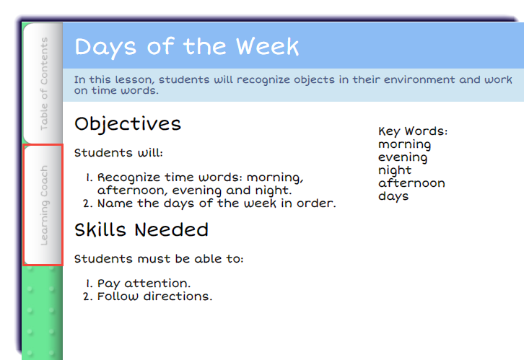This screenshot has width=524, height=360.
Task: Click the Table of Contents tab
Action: (x=43, y=84)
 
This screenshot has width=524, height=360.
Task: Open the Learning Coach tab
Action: (x=43, y=205)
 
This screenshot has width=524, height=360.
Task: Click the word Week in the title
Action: (x=267, y=46)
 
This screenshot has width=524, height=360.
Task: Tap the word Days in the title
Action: (x=105, y=48)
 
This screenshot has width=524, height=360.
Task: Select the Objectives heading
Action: (x=128, y=124)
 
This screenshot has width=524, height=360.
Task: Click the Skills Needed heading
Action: (x=141, y=229)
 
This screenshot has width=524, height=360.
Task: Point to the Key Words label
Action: (x=413, y=131)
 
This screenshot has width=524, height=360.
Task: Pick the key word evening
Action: (x=403, y=157)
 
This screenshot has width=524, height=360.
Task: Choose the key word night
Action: (x=395, y=171)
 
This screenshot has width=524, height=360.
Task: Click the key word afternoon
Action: (x=411, y=183)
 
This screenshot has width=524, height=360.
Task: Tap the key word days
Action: (x=393, y=196)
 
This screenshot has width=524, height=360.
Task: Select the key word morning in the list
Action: (x=404, y=144)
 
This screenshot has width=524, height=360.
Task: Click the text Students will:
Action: (x=118, y=153)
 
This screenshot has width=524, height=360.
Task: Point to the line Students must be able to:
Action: (x=159, y=259)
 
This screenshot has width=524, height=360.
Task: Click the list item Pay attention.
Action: (x=144, y=284)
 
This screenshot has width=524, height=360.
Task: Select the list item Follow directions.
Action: (x=154, y=297)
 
